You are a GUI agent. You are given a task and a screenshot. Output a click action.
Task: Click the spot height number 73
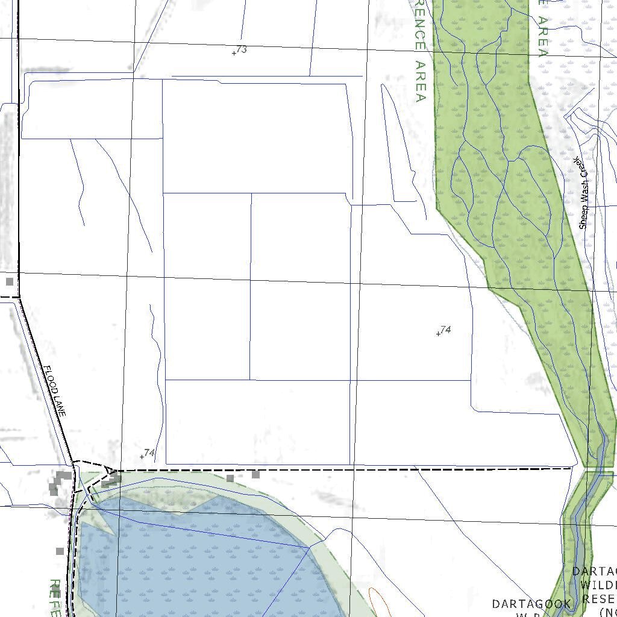click(242, 49)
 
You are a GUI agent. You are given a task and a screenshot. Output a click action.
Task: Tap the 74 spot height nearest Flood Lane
click(150, 453)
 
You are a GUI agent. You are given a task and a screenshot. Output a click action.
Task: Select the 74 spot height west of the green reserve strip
click(446, 330)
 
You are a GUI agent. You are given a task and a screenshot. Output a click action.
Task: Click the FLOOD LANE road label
click(54, 391)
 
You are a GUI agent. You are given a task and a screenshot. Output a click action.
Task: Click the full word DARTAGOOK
click(531, 604)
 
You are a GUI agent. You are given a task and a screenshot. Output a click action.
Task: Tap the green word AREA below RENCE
click(421, 81)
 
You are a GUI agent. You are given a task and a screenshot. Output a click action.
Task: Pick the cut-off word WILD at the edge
click(598, 584)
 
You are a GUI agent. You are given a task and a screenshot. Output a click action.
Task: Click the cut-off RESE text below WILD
click(599, 599)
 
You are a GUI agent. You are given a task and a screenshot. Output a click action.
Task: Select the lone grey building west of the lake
click(60, 551)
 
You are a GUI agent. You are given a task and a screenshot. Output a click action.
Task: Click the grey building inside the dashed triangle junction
click(111, 480)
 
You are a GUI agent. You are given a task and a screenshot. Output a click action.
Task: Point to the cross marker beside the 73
click(234, 54)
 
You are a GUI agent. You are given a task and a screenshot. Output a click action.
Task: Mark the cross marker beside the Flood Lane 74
click(142, 457)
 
